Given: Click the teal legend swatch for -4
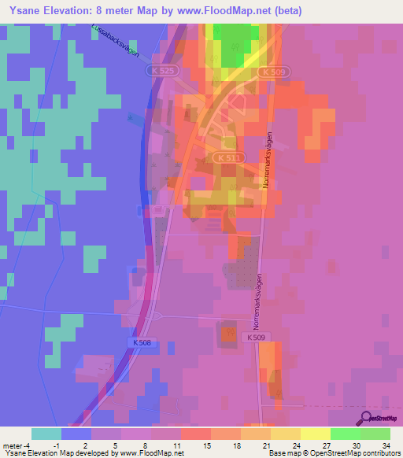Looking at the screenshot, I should click(46, 434).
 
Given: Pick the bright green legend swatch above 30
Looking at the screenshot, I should click(345, 434).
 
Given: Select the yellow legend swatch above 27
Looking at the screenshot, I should click(315, 434).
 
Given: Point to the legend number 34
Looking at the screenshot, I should click(386, 445).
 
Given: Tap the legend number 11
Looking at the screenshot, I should click(179, 445).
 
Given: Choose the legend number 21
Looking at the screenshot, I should click(268, 445).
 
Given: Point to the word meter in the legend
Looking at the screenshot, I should click(13, 445).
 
